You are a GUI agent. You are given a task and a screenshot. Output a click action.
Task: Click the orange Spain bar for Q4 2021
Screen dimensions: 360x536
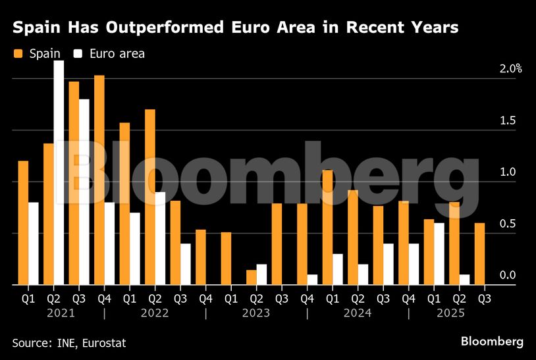[x=99, y=180]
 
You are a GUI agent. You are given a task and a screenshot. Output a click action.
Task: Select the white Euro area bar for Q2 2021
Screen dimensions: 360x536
[x=59, y=172]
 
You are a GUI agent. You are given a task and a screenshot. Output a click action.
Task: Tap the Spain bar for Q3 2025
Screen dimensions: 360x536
[x=479, y=253]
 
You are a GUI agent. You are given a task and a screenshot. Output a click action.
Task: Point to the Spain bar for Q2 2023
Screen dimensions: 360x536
[x=251, y=277]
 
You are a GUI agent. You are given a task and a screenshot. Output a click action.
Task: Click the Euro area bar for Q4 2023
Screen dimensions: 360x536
[x=312, y=279]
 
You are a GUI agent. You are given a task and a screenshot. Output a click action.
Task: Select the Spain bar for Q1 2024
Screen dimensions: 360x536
[x=327, y=227]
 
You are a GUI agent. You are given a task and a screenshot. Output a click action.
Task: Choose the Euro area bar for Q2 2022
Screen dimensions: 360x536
[x=160, y=238]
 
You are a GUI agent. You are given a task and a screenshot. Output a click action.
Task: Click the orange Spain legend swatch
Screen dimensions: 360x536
[x=18, y=53]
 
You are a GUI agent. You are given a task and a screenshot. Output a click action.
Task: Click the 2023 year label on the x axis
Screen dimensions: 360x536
[x=256, y=313]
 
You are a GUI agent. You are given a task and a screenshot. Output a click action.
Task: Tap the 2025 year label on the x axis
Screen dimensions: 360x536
[x=451, y=313]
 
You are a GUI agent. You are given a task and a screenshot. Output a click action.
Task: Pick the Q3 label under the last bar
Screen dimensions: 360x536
[x=484, y=298]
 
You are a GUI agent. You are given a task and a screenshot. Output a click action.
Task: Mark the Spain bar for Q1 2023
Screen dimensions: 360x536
[x=226, y=258]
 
